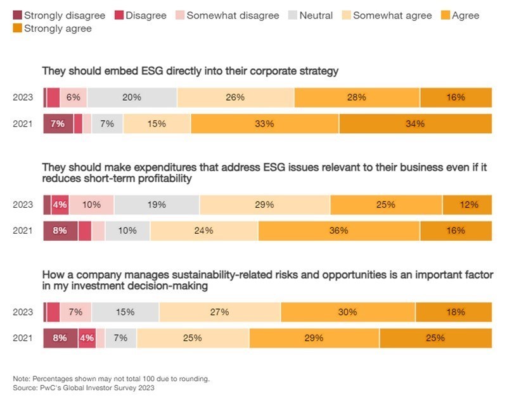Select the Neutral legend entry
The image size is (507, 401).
[315, 15]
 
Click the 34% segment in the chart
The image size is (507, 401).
[415, 124]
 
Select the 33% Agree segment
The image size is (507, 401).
[264, 124]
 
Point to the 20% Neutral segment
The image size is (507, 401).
[132, 98]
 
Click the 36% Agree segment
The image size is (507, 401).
[338, 231]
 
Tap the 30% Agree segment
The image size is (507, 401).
[347, 312]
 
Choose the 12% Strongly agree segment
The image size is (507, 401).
[467, 205]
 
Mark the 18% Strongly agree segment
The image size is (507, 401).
[454, 312]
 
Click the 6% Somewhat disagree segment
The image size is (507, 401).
[74, 98]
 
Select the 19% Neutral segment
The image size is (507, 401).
[157, 205]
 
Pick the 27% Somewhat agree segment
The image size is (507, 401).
[219, 312]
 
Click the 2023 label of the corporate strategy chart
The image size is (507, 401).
[22, 98]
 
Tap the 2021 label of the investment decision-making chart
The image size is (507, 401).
[22, 338]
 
